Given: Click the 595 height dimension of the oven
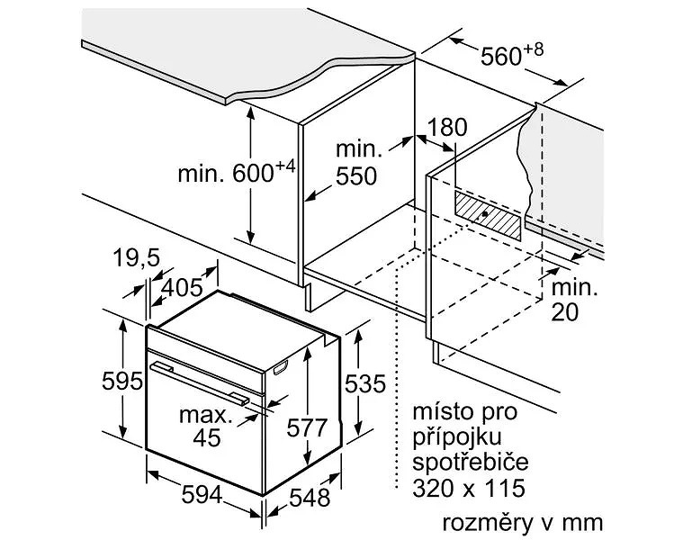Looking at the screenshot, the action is (122, 381).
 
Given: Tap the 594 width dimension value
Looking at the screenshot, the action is (202, 495).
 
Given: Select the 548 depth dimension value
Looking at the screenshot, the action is (310, 498).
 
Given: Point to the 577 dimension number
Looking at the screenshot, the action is (307, 427).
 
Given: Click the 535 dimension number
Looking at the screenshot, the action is (365, 383).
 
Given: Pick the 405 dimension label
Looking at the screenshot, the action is (182, 287).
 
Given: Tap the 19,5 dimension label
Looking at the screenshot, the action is (137, 257).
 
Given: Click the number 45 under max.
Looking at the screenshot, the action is (206, 437).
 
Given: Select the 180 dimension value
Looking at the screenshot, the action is (447, 127).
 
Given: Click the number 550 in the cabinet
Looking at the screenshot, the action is (355, 176).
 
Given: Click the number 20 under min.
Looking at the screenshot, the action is (565, 311).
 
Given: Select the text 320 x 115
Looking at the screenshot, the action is (469, 488).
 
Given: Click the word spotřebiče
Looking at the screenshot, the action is (471, 461).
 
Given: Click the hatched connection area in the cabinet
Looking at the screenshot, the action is (488, 214).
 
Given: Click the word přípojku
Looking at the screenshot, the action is (457, 436).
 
